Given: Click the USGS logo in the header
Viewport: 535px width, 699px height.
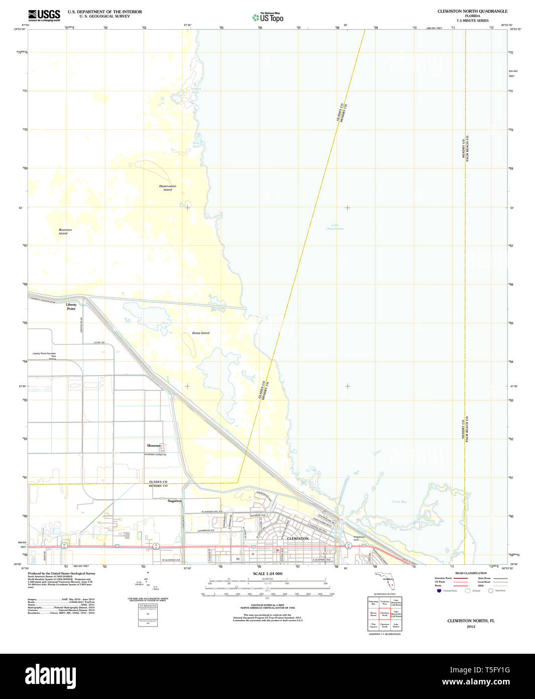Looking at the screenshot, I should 44,15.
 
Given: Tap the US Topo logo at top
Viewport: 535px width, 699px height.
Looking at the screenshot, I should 268,18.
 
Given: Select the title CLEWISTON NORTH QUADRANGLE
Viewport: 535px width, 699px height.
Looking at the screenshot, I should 472,11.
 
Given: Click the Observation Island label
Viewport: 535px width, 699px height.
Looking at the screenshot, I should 168,188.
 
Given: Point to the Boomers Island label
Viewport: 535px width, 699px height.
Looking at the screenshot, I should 65,231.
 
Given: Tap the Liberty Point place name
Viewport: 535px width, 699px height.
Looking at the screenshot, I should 71,307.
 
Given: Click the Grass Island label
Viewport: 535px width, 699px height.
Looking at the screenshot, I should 200,333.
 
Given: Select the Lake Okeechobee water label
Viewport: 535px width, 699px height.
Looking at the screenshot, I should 335,227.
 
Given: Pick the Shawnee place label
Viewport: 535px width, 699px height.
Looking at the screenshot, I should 154,446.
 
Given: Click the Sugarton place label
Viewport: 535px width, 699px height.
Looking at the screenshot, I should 174,501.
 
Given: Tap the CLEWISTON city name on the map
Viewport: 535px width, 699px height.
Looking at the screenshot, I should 297,539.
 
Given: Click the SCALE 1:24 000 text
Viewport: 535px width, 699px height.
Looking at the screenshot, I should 267,574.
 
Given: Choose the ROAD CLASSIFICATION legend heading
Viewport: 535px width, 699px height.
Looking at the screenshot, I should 471,573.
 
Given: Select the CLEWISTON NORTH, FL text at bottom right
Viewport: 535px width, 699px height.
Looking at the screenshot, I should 471,621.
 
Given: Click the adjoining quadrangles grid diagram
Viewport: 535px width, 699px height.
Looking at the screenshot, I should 385,614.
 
